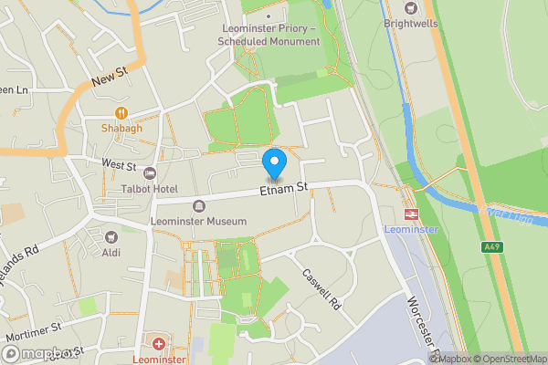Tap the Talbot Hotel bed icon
pos(151,173)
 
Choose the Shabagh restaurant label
pos(121,129)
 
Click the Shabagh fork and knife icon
pos(121,113)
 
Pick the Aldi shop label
pos(111,252)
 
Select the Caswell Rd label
pos(321,289)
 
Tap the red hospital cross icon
pos(160,345)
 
